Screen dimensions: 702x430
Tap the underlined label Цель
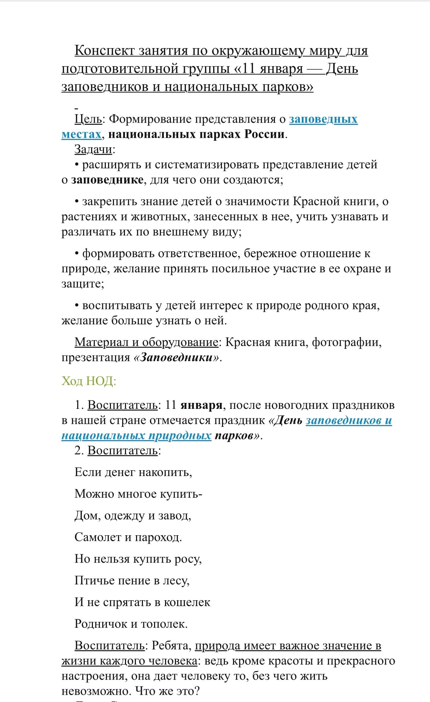pyautogui.click(x=88, y=119)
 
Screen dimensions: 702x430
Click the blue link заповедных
pyautogui.click(x=323, y=119)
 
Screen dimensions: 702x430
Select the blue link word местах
pyautogui.click(x=81, y=134)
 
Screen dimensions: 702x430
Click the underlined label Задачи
pyautogui.click(x=93, y=149)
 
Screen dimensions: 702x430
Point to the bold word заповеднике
pyautogui.click(x=107, y=180)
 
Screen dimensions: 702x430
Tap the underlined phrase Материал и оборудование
pyautogui.click(x=146, y=342)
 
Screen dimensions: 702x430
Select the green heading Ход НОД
pyautogui.click(x=89, y=381)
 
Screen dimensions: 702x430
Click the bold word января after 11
pyautogui.click(x=201, y=405)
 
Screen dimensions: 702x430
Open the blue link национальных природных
pyautogui.click(x=136, y=435)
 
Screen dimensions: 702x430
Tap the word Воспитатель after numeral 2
pyautogui.click(x=122, y=450)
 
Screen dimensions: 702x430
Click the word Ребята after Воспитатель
pyautogui.click(x=172, y=645)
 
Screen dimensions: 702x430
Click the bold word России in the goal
pyautogui.click(x=265, y=134)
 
